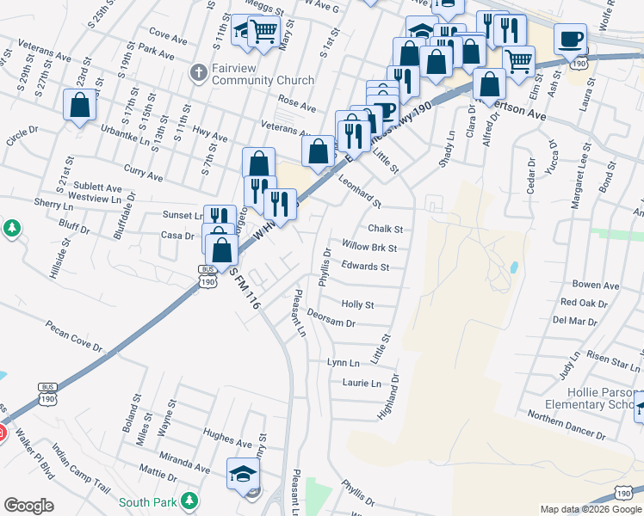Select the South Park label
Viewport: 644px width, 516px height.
point(148,502)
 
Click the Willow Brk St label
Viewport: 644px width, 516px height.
point(368,247)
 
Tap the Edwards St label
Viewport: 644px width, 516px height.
point(365,267)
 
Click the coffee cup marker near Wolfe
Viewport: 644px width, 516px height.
point(570,38)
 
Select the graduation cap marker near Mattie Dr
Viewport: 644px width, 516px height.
point(243,472)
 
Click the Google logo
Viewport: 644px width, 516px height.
point(29,505)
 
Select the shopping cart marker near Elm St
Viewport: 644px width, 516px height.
point(518,61)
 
